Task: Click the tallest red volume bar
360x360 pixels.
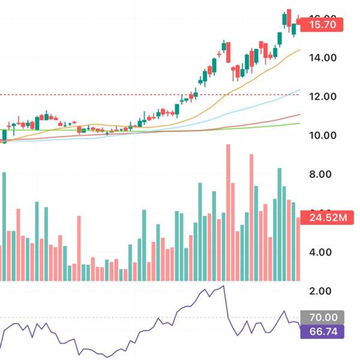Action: pyautogui.click(x=228, y=210)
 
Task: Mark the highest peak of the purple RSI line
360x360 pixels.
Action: pyautogui.click(x=223, y=286)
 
